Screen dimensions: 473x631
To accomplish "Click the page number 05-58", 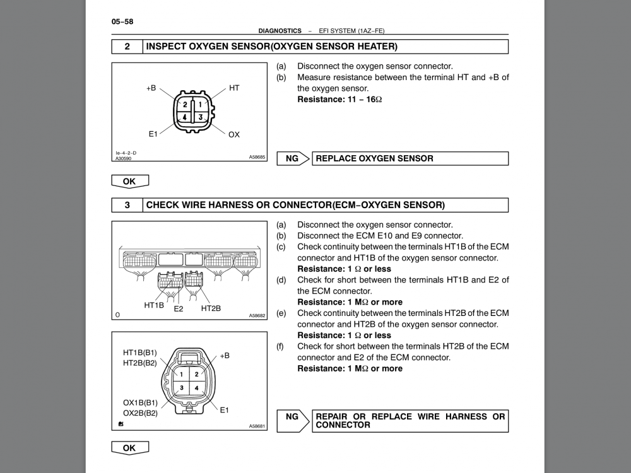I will (122, 21).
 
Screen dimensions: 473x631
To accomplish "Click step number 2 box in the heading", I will (127, 47).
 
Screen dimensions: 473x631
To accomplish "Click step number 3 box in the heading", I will (127, 205).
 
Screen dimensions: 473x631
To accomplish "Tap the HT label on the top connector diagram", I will (234, 88).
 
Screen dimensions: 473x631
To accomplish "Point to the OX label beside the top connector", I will (234, 134).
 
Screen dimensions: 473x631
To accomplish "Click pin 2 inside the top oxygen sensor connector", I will (186, 105).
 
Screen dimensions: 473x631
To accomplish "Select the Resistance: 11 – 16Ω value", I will (339, 100).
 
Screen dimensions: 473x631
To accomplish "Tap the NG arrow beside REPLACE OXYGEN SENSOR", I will (293, 158).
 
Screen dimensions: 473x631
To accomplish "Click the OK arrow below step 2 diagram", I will (129, 182).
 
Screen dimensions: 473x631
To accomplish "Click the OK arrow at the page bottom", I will (129, 448).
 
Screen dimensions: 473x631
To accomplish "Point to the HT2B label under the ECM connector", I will (211, 308).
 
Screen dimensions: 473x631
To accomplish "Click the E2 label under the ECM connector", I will (179, 309).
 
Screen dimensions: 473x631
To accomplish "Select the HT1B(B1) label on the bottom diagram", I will (140, 353).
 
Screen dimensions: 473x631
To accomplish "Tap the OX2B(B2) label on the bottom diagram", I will (140, 413).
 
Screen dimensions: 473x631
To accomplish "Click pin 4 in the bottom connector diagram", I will (196, 388).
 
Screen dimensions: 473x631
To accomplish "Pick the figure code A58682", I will (257, 316).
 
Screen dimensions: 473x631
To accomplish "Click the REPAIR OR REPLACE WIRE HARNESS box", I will (410, 421).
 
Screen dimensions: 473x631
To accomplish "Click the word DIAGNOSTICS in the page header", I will (280, 30).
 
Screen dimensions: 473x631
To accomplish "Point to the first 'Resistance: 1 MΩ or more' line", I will (350, 302).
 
